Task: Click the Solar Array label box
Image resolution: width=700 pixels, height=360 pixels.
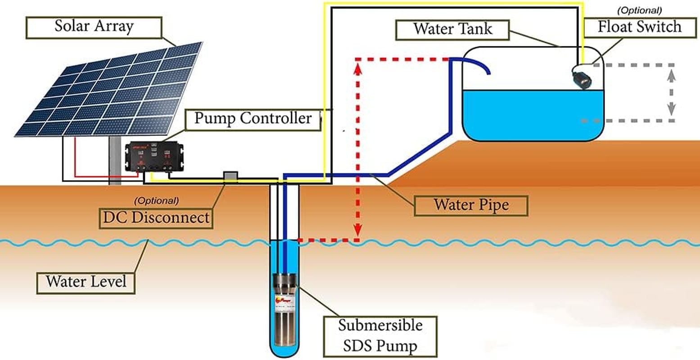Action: pos(94,27)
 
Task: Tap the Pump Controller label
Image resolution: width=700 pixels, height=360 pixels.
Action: pos(253,119)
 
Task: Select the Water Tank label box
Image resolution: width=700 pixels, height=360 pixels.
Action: pos(452,29)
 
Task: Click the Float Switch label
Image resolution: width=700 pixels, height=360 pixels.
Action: pos(639,27)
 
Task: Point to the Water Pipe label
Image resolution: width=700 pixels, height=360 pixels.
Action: pos(471,205)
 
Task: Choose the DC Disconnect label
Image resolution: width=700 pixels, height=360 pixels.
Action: pos(156,218)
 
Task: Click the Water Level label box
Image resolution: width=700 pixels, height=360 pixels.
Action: pos(86,282)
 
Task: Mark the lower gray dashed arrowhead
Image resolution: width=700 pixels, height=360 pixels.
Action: pos(671,109)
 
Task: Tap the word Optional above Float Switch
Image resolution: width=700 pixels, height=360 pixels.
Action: pos(639,10)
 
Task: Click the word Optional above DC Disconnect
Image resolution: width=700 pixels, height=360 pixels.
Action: pos(156,200)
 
